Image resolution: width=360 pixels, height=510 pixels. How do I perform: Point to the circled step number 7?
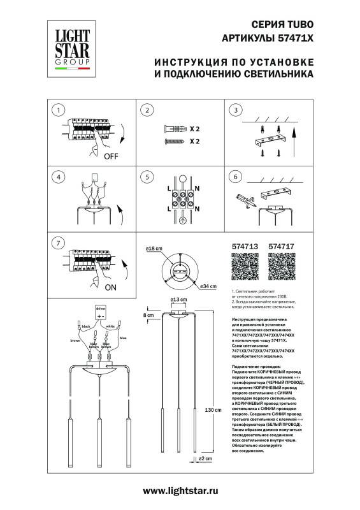58,243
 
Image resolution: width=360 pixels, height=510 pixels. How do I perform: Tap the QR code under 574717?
280,267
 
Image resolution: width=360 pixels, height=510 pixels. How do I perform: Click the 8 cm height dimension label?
148,316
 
